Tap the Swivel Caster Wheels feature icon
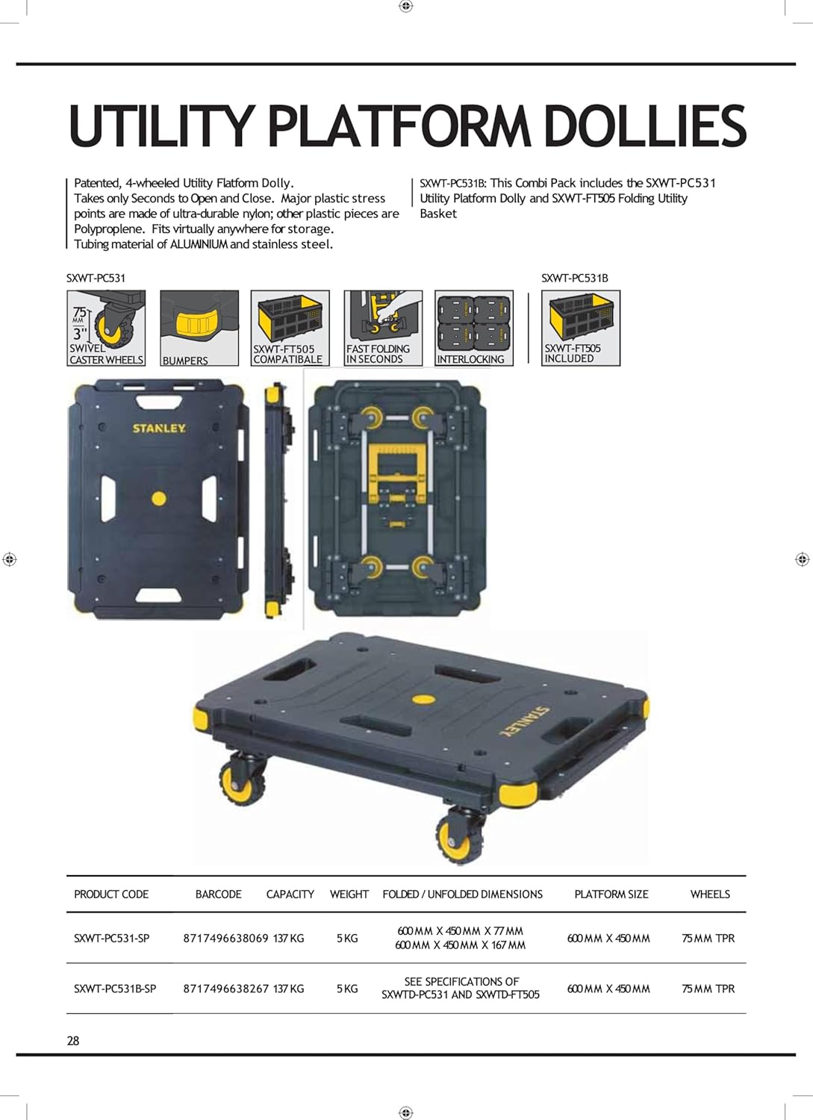tap(106, 328)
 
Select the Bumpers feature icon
tap(199, 328)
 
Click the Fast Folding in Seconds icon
tap(383, 328)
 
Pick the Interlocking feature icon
tap(474, 328)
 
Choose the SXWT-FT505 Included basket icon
tap(581, 328)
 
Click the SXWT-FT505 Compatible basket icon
tap(290, 328)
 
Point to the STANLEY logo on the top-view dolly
tap(159, 429)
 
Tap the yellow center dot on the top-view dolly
tap(158, 498)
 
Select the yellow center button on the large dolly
tap(423, 700)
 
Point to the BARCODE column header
tap(218, 894)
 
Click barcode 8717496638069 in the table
tap(225, 938)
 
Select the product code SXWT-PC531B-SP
tap(115, 989)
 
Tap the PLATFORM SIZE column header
tap(611, 894)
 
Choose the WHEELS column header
tap(710, 894)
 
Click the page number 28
tap(73, 1040)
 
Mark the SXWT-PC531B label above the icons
tap(574, 278)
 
